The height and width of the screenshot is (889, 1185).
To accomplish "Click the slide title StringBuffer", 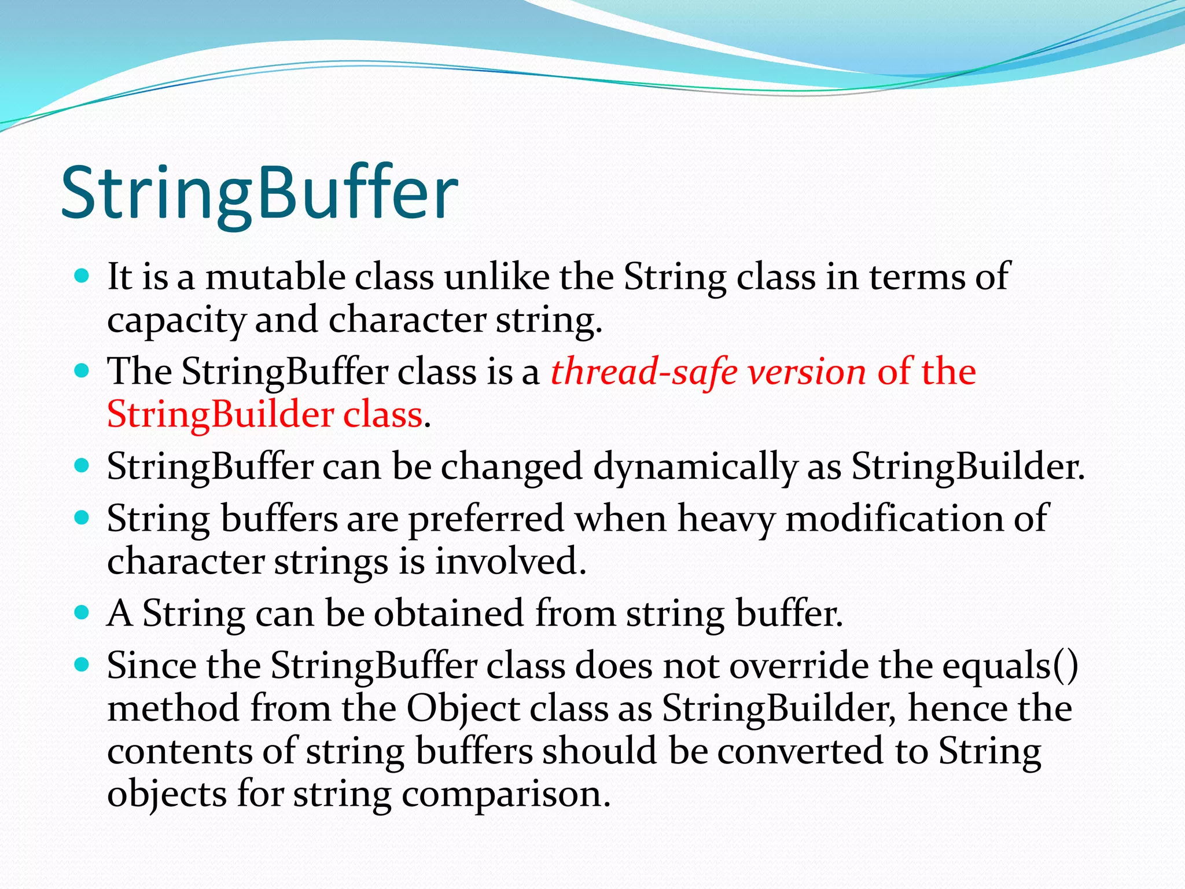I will [x=259, y=194].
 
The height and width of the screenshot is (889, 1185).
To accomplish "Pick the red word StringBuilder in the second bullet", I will [x=220, y=414].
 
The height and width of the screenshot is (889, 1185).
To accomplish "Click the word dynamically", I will [x=694, y=467].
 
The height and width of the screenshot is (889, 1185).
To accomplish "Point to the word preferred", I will [x=485, y=519].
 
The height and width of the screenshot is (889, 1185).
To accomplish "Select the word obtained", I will [x=448, y=614].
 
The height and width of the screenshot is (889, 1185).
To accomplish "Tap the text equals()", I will [x=1010, y=666].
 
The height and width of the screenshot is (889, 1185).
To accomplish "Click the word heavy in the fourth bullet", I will [x=726, y=519].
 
